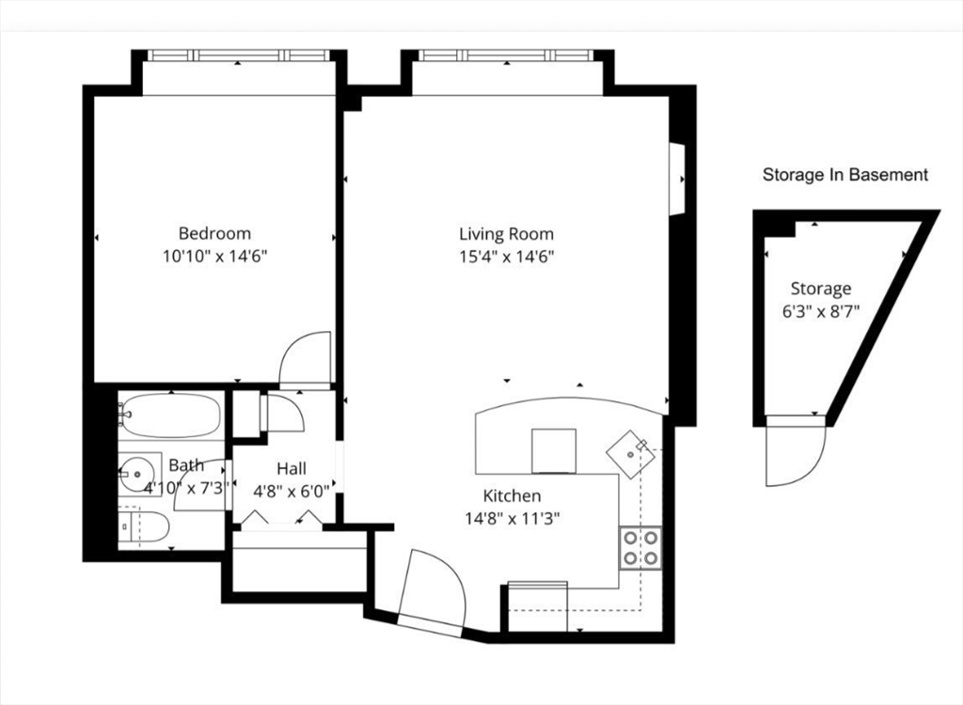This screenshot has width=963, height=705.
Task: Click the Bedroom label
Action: point(214,233)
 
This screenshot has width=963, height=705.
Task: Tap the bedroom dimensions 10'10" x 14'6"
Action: point(214,255)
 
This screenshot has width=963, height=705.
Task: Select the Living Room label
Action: point(506,233)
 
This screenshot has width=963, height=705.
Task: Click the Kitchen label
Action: point(512,495)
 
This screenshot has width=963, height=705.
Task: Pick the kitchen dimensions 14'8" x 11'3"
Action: point(512,517)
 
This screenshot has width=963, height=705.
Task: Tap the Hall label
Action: point(291,468)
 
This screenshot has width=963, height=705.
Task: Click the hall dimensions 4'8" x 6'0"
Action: point(291,489)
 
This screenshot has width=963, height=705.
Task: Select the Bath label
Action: point(185,464)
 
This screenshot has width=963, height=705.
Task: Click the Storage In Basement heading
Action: point(845,175)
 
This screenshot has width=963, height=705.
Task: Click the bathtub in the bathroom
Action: point(170,415)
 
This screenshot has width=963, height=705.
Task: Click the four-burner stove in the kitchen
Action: point(639,547)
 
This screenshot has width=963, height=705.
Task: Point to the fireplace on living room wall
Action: point(675,179)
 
